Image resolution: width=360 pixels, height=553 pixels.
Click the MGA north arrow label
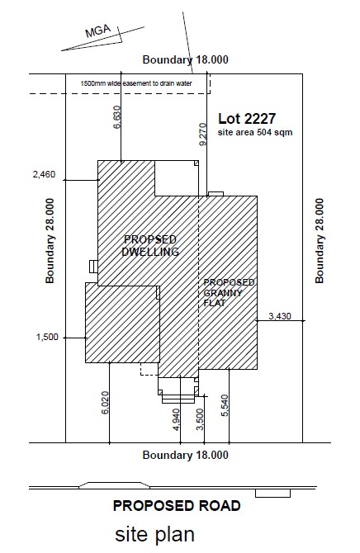(97, 31)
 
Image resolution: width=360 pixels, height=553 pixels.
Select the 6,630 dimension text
(117, 117)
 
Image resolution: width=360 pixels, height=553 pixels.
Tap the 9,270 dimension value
(203, 134)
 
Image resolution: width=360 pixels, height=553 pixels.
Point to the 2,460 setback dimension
(44, 174)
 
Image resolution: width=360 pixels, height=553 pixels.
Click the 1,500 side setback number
(47, 337)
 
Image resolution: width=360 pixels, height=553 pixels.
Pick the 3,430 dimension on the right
(280, 316)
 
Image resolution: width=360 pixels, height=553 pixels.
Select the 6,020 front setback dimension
(105, 403)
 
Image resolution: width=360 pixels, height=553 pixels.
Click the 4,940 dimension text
(177, 419)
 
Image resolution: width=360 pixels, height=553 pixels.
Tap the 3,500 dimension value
(200, 419)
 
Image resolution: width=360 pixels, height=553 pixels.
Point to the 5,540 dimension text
(225, 405)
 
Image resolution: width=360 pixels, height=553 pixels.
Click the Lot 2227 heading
(247, 119)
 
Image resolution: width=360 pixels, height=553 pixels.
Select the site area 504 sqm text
(255, 132)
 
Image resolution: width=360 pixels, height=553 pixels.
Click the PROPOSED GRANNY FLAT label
(229, 292)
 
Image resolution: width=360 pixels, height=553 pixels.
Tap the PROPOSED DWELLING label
(150, 245)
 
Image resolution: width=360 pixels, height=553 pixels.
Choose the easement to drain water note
(136, 83)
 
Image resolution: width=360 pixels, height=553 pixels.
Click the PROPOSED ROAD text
(177, 506)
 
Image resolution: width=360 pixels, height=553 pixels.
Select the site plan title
(155, 534)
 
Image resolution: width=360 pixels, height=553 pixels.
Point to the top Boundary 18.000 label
(185, 59)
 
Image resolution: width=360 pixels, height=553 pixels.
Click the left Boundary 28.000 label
(50, 241)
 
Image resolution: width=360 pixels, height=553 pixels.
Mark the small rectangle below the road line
(272, 493)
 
